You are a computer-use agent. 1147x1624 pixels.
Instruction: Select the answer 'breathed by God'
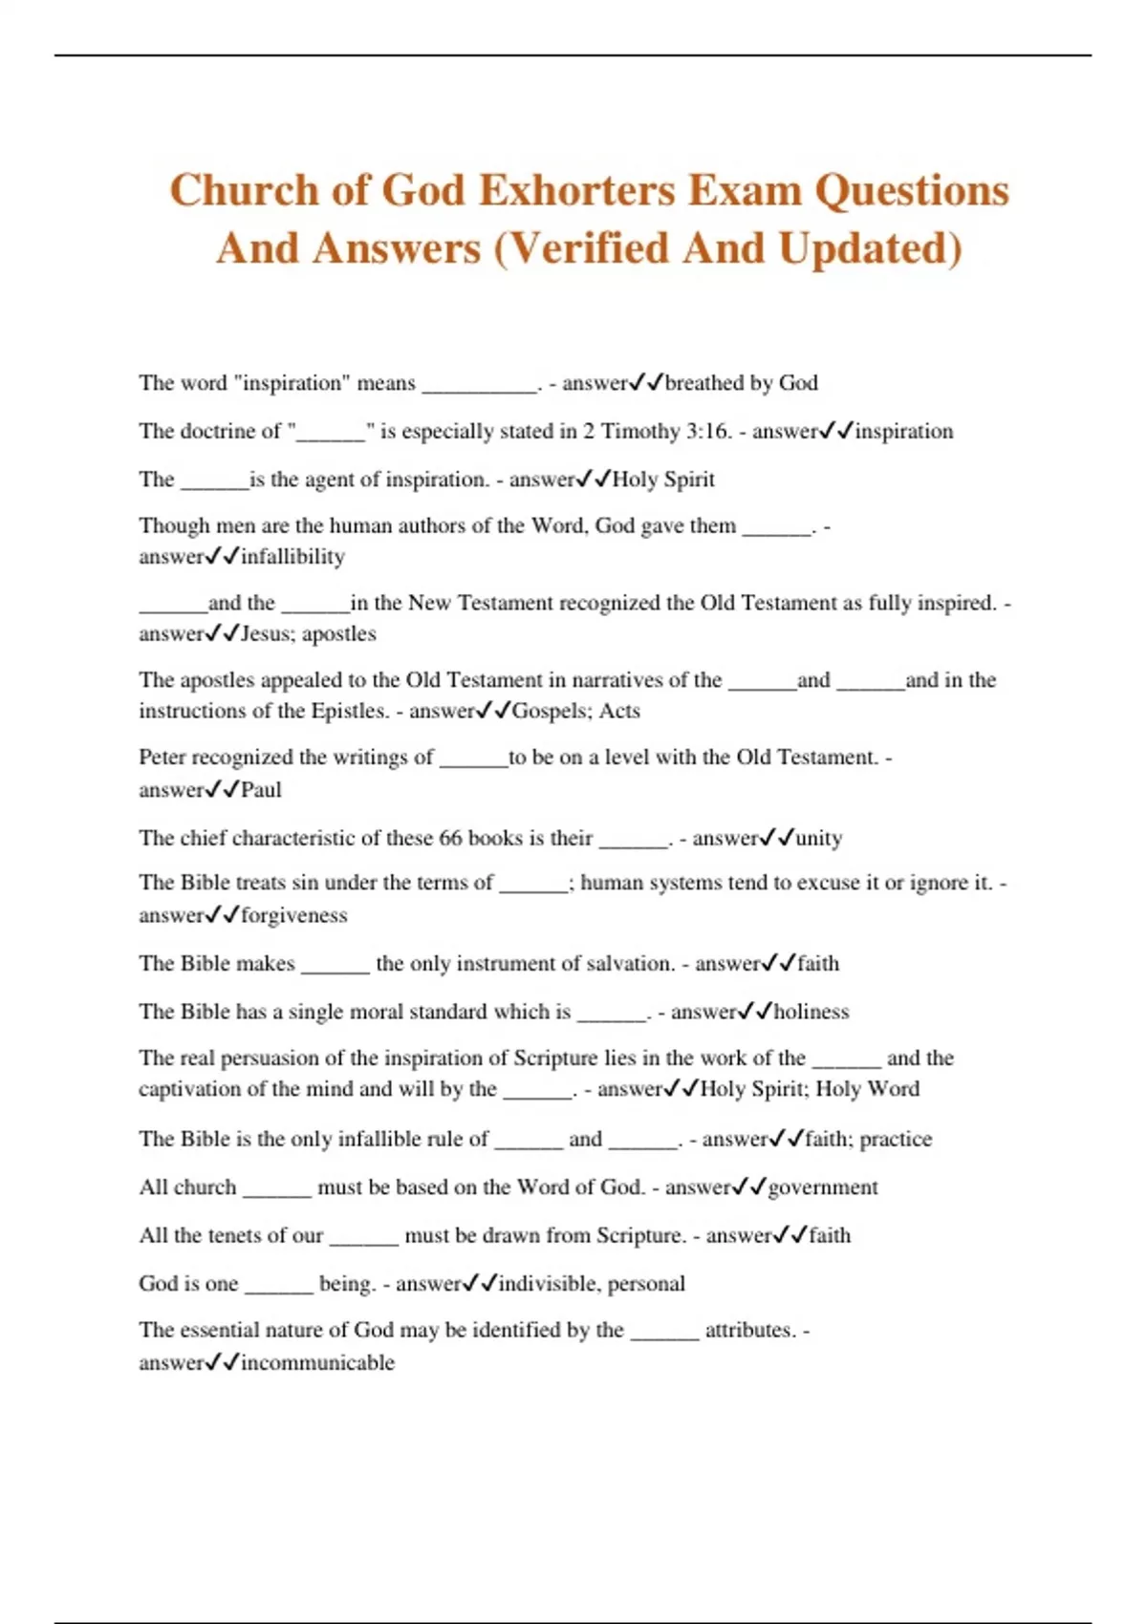point(741,383)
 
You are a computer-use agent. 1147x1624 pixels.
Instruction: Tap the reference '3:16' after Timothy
point(707,432)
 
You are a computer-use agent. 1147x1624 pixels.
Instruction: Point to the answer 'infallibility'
point(292,557)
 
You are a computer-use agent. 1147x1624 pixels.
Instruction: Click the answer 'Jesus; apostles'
point(309,634)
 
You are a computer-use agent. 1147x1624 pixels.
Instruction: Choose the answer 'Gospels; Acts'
point(576,711)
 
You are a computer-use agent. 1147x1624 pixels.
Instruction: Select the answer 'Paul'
point(261,790)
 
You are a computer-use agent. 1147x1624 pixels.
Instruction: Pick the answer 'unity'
point(818,839)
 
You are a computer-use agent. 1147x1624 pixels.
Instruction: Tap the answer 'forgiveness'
point(294,915)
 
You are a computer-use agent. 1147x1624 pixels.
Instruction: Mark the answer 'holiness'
point(812,1012)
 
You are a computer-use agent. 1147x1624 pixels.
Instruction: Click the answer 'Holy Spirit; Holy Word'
point(810,1089)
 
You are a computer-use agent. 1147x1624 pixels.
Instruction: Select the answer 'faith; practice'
point(868,1139)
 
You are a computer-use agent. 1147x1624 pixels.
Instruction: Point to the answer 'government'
point(823,1187)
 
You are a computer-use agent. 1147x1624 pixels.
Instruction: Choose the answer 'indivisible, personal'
point(592,1284)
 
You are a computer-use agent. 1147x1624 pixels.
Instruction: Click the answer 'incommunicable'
point(317,1363)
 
